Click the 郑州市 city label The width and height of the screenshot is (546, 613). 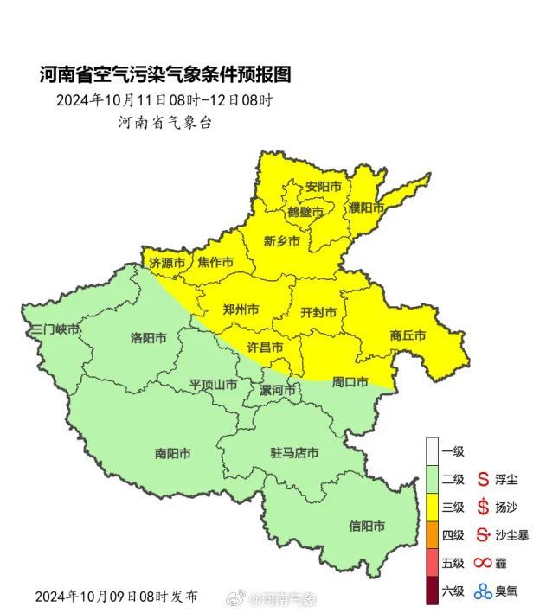pyautogui.click(x=241, y=310)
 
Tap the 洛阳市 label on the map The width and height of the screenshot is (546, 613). pyautogui.click(x=148, y=337)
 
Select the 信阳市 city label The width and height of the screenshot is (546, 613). pyautogui.click(x=367, y=526)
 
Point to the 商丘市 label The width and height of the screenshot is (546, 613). pyautogui.click(x=408, y=335)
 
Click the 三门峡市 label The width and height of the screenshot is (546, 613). pyautogui.click(x=55, y=330)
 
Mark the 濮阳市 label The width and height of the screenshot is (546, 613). pyautogui.click(x=366, y=208)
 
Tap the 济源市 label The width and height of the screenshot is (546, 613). pyautogui.click(x=167, y=262)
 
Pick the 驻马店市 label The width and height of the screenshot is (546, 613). pyautogui.click(x=294, y=453)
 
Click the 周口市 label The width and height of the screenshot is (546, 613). pyautogui.click(x=350, y=381)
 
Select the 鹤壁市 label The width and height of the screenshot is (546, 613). pyautogui.click(x=305, y=212)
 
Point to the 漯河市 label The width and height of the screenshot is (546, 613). pyautogui.click(x=278, y=390)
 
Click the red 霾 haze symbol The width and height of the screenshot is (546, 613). pyautogui.click(x=482, y=563)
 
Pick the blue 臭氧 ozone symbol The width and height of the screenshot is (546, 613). pyautogui.click(x=482, y=591)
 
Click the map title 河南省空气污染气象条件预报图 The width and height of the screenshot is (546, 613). pyautogui.click(x=165, y=75)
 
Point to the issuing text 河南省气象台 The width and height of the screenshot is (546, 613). pyautogui.click(x=164, y=122)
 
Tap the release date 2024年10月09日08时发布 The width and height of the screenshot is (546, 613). pyautogui.click(x=116, y=597)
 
